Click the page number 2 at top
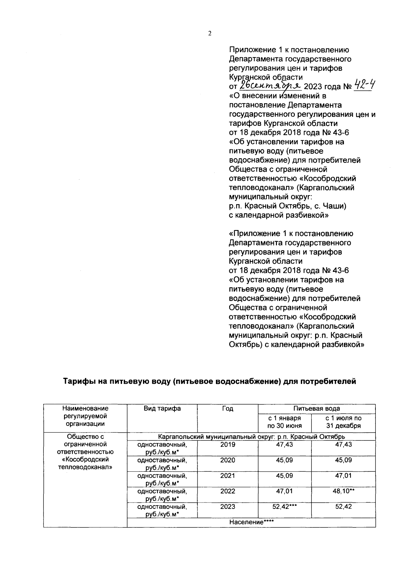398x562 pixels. pos(209,33)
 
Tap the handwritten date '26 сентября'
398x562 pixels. pos(270,86)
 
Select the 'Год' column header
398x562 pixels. pos(228,408)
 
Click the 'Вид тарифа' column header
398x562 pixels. pos(162,408)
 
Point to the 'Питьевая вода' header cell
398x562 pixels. pos(316,408)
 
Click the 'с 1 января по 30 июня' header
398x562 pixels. pos(285,422)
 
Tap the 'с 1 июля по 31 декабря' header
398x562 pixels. pos(343,422)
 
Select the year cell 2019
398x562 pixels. pos(228,444)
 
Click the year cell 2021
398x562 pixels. pos(228,475)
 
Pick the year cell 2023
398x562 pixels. pos(228,507)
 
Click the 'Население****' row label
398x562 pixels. pos(251,522)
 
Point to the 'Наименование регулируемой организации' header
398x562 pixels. pos(85,416)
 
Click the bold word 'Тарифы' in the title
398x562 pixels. pos(79,381)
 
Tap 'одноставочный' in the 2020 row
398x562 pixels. pos(162,460)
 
